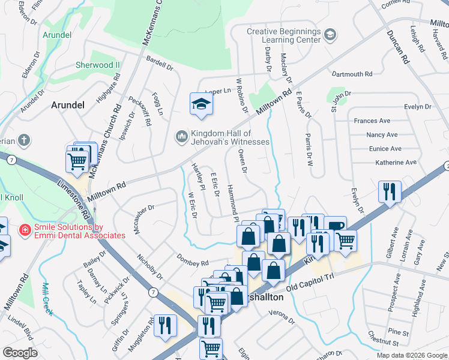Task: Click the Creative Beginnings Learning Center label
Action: (x=284, y=35)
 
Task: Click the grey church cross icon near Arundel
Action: (x=23, y=140)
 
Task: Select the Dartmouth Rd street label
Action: (x=352, y=74)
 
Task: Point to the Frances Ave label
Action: (x=372, y=121)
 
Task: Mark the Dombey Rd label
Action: (x=193, y=260)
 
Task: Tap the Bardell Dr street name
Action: (x=159, y=62)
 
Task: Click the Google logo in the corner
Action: (x=20, y=353)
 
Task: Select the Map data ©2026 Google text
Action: (x=412, y=355)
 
